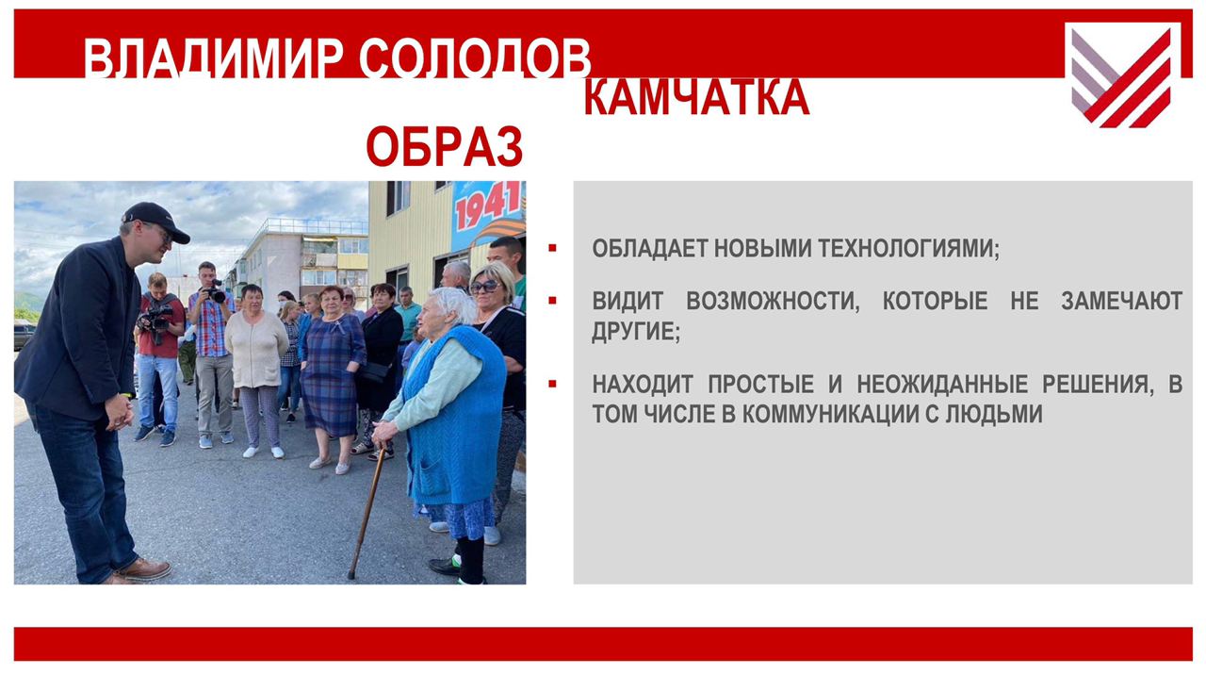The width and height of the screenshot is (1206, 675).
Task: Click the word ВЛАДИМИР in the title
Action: (213, 58)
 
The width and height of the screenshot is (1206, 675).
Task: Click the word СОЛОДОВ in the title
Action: (475, 58)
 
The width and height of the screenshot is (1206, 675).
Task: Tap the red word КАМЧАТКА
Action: (696, 98)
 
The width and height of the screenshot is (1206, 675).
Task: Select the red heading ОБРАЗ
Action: (444, 146)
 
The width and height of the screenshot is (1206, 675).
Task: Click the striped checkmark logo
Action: (1122, 75)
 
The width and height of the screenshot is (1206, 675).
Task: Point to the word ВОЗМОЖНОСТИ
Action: (773, 301)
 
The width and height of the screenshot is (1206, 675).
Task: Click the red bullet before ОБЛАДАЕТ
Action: (552, 248)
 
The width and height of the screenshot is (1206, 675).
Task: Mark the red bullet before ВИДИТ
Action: (552, 301)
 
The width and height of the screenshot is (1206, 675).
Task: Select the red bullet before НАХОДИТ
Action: (552, 384)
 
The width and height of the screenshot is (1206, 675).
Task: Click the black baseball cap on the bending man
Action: (155, 221)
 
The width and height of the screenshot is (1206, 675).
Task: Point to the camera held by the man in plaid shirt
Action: (216, 292)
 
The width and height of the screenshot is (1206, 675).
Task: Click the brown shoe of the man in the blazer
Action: (143, 568)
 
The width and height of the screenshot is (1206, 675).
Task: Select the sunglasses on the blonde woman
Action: (485, 288)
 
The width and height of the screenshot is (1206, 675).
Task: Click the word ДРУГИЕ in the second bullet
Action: (636, 331)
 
